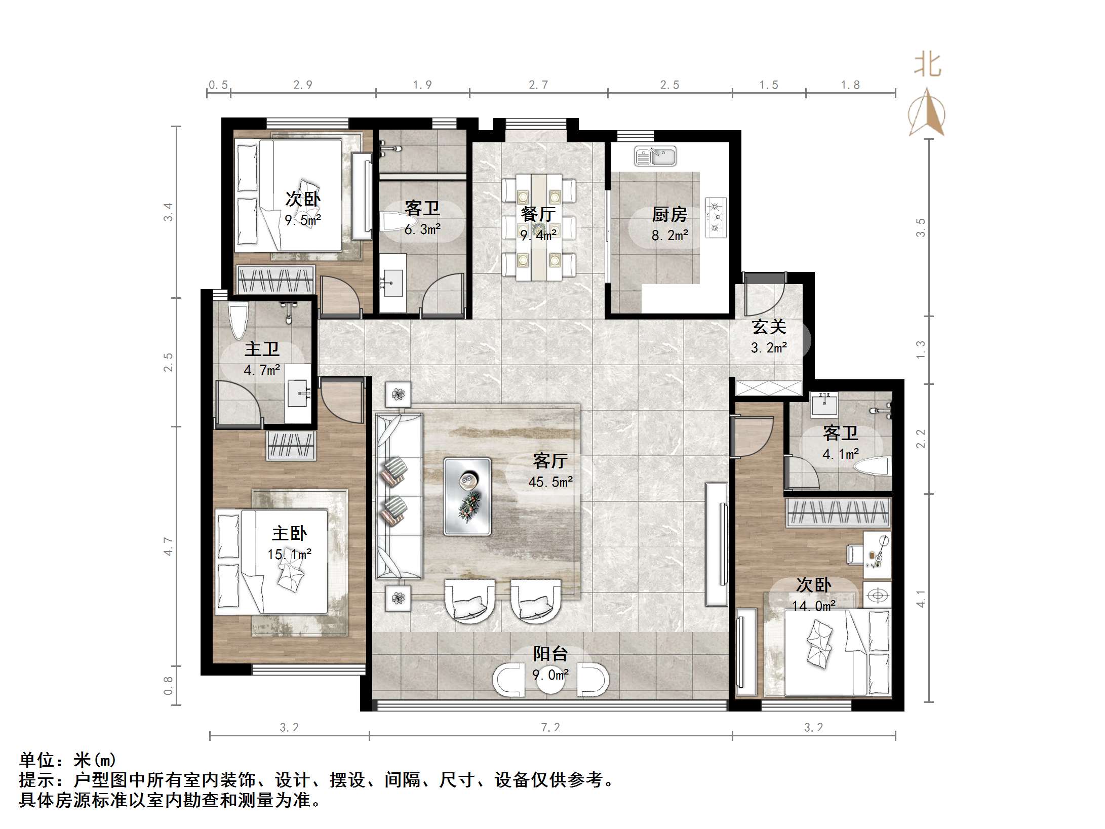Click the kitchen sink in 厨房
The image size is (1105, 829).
(x=655, y=156)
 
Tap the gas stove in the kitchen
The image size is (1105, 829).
(x=716, y=217)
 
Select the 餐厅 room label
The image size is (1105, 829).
(x=538, y=214)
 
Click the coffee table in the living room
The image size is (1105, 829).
(x=467, y=496)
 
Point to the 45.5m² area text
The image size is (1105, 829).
(x=550, y=482)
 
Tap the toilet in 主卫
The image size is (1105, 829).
(x=238, y=321)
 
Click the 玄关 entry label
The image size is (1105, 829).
(x=769, y=327)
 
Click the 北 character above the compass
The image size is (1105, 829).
(x=928, y=65)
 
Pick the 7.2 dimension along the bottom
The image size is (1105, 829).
(x=550, y=728)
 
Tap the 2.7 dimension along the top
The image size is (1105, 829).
(x=538, y=85)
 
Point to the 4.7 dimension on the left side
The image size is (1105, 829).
(x=168, y=547)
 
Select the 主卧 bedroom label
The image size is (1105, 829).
(x=289, y=533)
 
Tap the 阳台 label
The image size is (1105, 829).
(x=550, y=654)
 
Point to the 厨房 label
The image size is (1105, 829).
(x=669, y=214)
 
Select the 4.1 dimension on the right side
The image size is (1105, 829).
(x=921, y=599)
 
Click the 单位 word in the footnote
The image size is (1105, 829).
(x=37, y=760)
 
